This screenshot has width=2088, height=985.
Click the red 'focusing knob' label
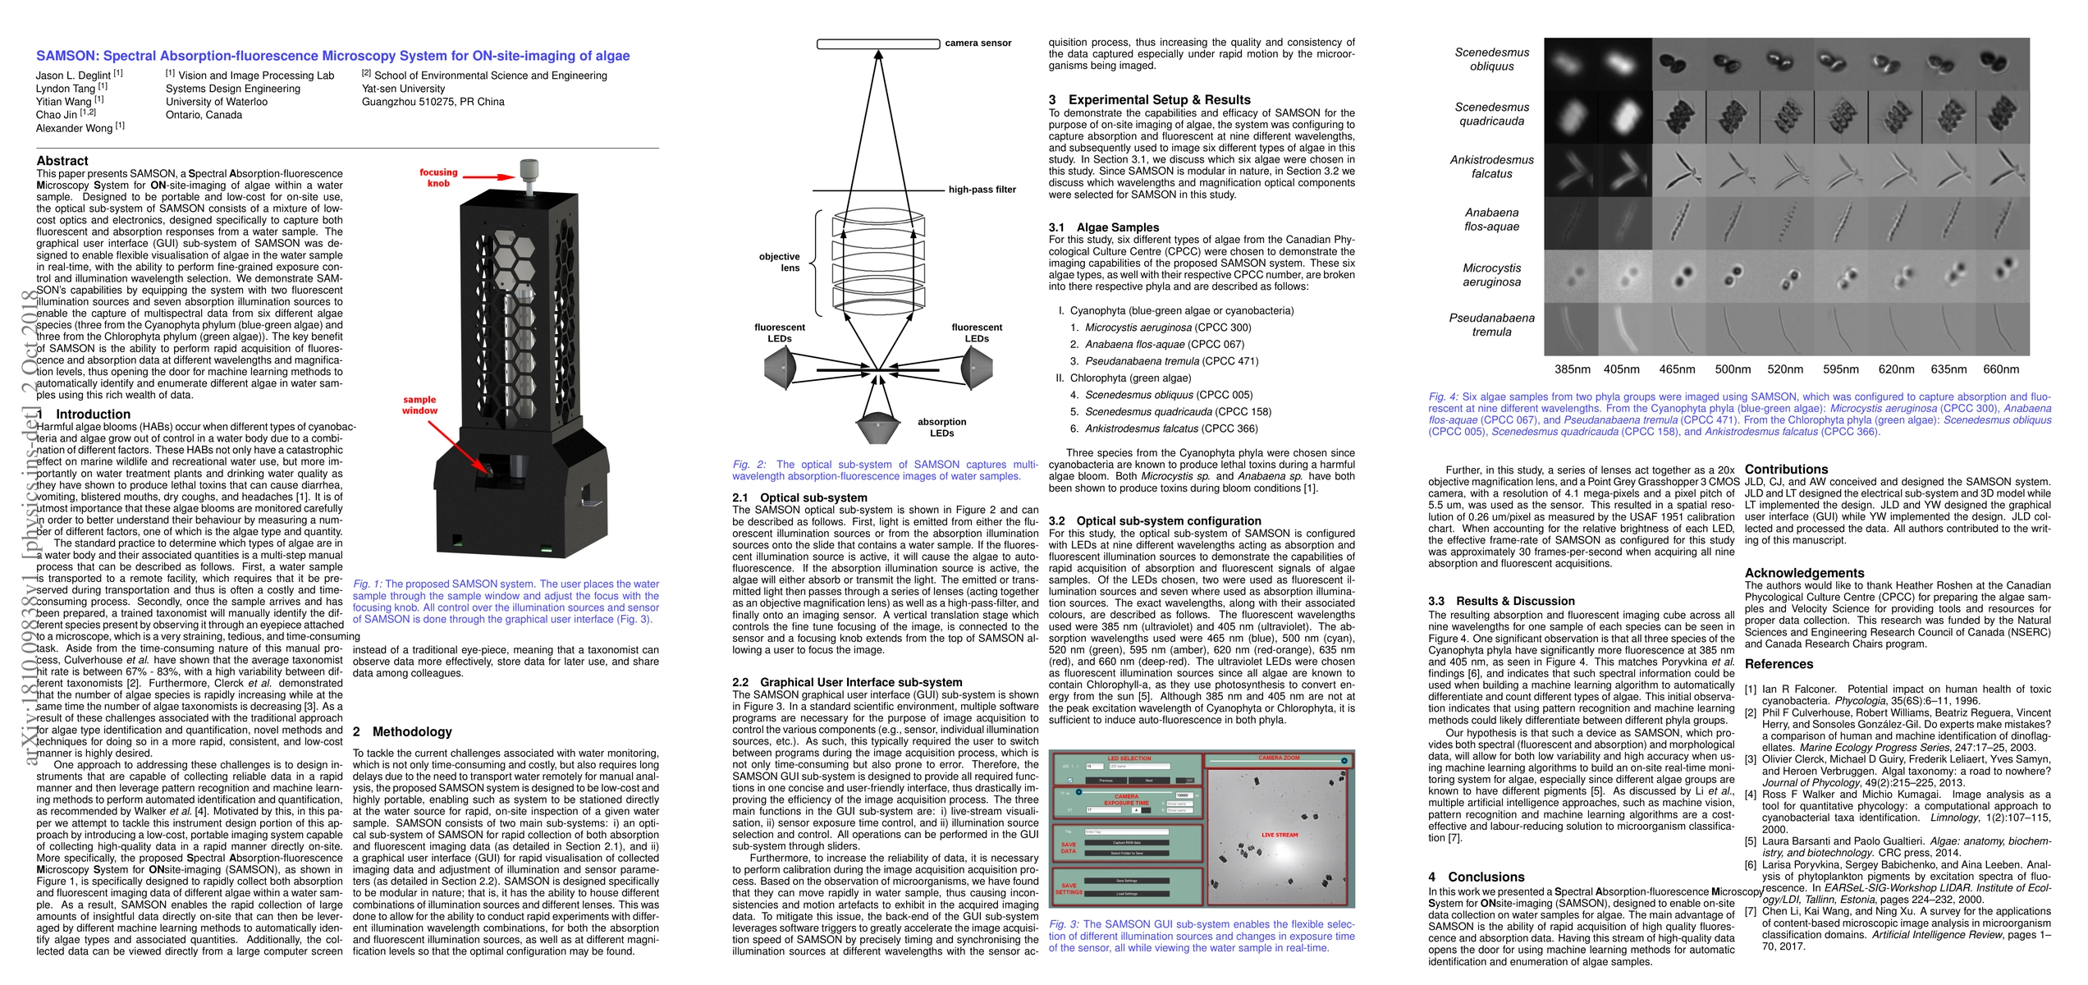(438, 178)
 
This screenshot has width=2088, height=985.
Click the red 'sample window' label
(419, 405)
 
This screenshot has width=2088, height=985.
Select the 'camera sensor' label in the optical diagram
(978, 44)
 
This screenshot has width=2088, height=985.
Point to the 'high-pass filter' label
(982, 190)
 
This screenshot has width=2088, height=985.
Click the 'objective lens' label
(779, 262)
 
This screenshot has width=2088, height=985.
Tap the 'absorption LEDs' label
(941, 428)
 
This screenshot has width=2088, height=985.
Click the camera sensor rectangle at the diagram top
(878, 44)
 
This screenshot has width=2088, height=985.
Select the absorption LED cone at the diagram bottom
(877, 426)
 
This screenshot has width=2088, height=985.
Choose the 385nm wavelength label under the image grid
(1572, 369)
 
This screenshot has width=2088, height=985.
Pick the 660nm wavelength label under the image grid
(2001, 369)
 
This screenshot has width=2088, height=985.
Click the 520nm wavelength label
(1785, 369)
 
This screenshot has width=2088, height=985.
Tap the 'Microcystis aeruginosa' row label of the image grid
(1491, 275)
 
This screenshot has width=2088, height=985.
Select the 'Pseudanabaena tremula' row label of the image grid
(1491, 325)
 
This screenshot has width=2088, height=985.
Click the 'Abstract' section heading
(62, 161)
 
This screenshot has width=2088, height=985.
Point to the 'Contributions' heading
(1786, 470)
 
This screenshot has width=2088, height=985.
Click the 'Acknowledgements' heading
(1804, 573)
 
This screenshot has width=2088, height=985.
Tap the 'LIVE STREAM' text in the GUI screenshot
(1280, 835)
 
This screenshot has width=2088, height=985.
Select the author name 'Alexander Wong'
(75, 128)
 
